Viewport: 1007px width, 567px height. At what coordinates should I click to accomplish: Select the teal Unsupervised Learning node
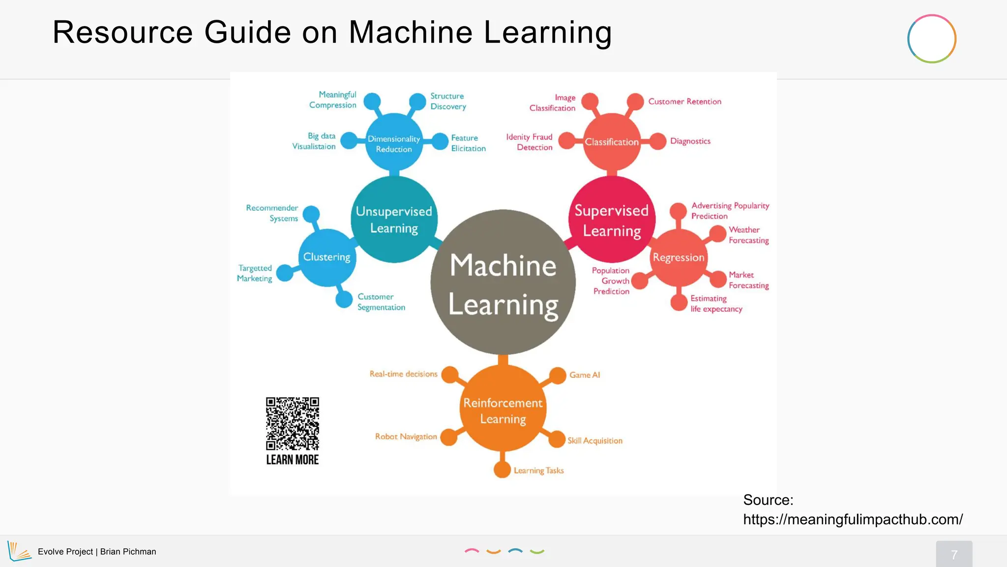point(394,220)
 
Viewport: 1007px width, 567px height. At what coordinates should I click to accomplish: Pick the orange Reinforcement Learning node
point(503,410)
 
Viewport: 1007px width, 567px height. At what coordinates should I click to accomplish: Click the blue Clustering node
point(327,257)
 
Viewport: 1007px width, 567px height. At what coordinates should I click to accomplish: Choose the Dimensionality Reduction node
point(394,144)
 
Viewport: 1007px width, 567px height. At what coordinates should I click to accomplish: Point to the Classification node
point(612,142)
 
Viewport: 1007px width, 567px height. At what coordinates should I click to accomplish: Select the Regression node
point(679,257)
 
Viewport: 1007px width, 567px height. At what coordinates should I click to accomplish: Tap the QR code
point(293,423)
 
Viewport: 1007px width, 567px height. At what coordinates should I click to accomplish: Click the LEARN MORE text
point(293,460)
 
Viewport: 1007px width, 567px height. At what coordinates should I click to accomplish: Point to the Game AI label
point(585,375)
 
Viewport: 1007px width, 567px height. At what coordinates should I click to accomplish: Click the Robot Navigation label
point(406,437)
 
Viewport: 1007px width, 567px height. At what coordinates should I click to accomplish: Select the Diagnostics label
point(690,141)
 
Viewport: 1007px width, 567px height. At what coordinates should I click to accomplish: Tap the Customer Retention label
point(684,101)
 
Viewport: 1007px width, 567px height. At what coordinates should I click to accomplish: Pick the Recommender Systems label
point(272,213)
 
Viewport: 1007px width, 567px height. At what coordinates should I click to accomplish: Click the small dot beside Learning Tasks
point(502,469)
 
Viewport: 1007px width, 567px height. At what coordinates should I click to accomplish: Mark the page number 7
point(954,555)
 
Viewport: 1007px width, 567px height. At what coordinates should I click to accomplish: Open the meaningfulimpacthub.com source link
point(853,519)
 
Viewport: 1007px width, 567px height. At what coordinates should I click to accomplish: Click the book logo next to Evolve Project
point(19,551)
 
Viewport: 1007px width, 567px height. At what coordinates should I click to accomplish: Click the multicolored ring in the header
point(931,39)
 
